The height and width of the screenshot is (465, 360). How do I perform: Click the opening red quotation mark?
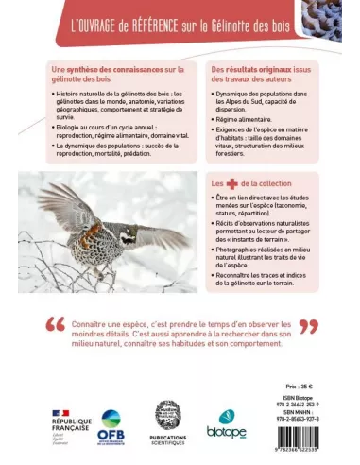click(x=55, y=327)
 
